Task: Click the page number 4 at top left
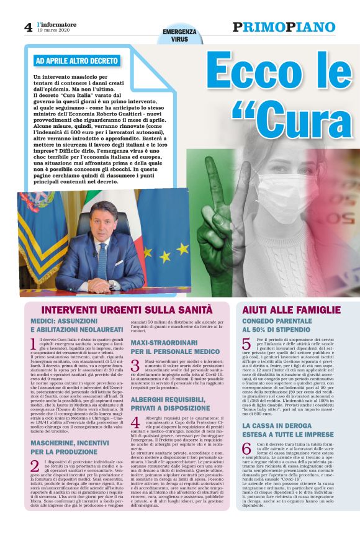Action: tap(28, 27)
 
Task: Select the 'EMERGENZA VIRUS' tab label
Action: tap(179, 35)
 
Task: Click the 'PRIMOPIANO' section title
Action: tap(284, 27)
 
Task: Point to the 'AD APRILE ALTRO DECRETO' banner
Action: tap(77, 61)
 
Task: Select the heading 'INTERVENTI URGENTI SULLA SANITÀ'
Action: tap(127, 309)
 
